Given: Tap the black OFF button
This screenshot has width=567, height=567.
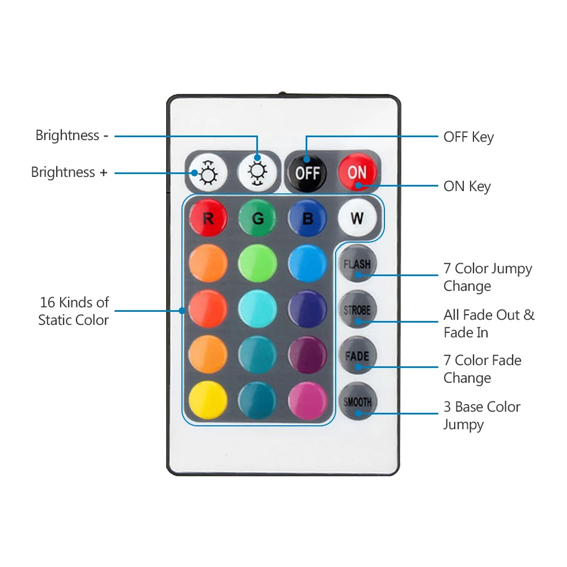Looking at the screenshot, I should coord(307,172).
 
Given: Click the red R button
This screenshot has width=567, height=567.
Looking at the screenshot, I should coord(208,218).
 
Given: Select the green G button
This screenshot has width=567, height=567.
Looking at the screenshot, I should coord(257,218).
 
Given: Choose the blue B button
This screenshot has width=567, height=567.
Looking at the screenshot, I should coord(307,218).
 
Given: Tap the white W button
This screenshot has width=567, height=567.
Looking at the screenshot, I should coord(357,218).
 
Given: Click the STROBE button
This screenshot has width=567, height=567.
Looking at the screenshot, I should coord(357,310).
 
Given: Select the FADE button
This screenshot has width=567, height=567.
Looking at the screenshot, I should coord(357,356).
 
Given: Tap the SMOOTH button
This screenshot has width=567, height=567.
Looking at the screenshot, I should coord(357,402).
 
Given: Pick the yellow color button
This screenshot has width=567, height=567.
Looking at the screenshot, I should coord(208,401).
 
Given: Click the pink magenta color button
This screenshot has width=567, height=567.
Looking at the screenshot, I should coord(307,401).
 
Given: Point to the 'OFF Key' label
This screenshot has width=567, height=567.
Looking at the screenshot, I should coord(468,137).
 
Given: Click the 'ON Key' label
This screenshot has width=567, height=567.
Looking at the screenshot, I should coord(467,187).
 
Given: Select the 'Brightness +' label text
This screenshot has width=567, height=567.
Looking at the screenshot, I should coord(69,172).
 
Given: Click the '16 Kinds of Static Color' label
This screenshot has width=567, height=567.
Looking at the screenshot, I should coord(74,311).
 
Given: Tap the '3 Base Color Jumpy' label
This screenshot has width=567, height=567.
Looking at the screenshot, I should coord(481,416).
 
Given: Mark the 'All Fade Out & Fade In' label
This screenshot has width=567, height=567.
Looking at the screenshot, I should coord(489,323).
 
